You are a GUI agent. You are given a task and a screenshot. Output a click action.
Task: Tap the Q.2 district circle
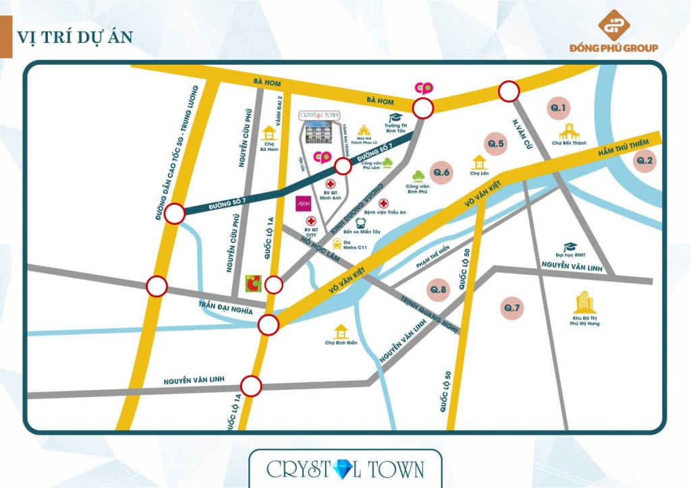pyautogui.click(x=644, y=160)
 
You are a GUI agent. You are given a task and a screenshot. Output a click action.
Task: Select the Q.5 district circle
pyautogui.click(x=496, y=144)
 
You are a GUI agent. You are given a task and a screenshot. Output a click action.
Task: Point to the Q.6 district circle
pyautogui.click(x=442, y=174)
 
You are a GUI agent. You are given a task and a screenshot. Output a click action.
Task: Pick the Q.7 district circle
pyautogui.click(x=512, y=309)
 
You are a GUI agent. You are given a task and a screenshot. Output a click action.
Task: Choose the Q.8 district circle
pyautogui.click(x=439, y=290)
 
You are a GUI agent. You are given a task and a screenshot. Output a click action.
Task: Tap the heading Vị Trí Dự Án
pyautogui.click(x=74, y=36)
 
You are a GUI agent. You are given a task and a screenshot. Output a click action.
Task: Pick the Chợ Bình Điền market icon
pyautogui.click(x=341, y=331)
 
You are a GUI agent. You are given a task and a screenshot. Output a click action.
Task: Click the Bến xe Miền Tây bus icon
pyautogui.click(x=361, y=222)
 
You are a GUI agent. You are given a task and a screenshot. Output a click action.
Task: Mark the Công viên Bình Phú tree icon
pyautogui.click(x=418, y=176)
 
